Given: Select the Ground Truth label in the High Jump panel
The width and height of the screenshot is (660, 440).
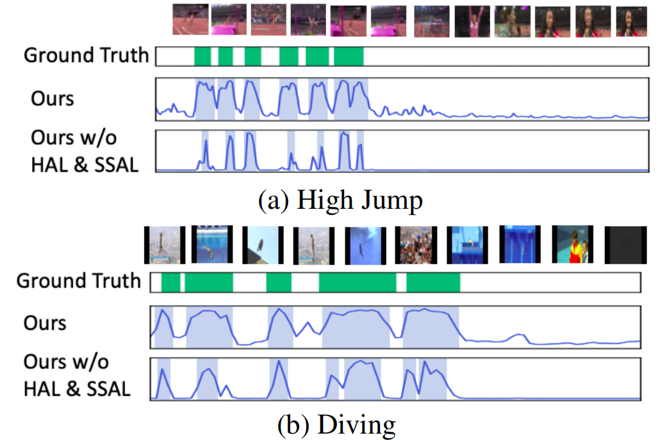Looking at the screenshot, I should (x=86, y=55).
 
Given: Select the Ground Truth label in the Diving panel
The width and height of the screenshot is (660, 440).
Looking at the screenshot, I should (x=78, y=281).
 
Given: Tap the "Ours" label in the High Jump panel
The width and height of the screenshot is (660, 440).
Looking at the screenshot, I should (x=53, y=99).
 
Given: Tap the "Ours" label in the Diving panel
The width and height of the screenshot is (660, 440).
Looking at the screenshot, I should (x=45, y=322).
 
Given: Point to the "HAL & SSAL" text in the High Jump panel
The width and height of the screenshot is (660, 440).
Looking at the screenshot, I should (x=85, y=165).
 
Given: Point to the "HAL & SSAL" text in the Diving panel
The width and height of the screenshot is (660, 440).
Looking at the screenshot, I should (x=77, y=388).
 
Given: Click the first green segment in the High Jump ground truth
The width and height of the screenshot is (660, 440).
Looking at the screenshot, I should (x=202, y=56).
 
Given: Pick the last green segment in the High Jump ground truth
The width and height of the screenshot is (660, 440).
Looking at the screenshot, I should (x=349, y=56).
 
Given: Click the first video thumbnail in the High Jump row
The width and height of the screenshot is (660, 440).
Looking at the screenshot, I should (x=190, y=20).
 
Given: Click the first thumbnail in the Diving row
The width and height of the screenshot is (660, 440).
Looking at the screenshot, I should (x=165, y=245).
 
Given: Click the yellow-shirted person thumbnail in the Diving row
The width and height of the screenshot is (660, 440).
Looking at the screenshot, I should (x=572, y=245).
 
